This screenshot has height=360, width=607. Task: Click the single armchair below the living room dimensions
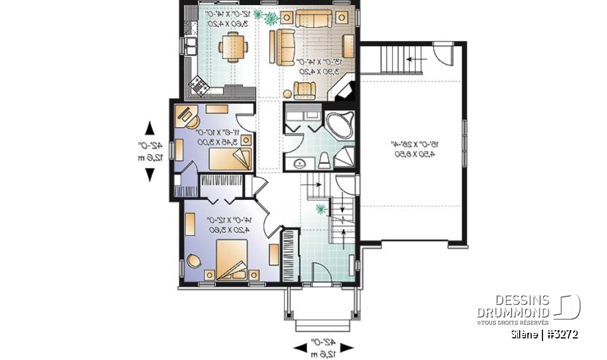coord(304,89)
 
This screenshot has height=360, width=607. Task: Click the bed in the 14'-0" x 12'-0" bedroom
coord(235,261)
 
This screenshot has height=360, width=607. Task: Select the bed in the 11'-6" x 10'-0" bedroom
coord(230,158)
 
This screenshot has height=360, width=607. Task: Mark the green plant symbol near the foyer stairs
coord(321,208)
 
